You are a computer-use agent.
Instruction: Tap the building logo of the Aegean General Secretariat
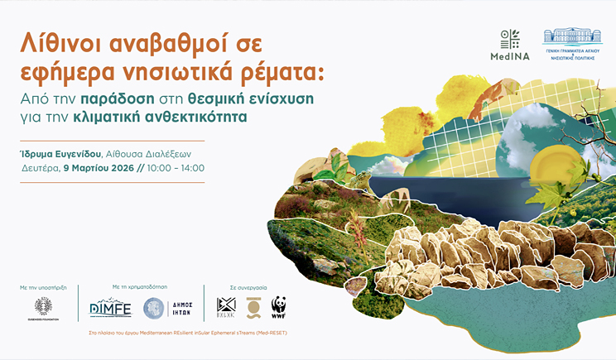[x=571, y=36]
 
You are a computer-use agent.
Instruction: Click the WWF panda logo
[x=279, y=306]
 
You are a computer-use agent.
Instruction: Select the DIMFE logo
[x=110, y=308]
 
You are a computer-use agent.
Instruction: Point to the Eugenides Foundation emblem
[x=43, y=306]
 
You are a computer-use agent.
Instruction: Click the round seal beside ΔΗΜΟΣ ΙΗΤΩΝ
[x=153, y=308]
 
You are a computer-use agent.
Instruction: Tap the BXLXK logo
[x=226, y=307]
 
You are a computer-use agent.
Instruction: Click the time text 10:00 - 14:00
[x=178, y=168]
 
